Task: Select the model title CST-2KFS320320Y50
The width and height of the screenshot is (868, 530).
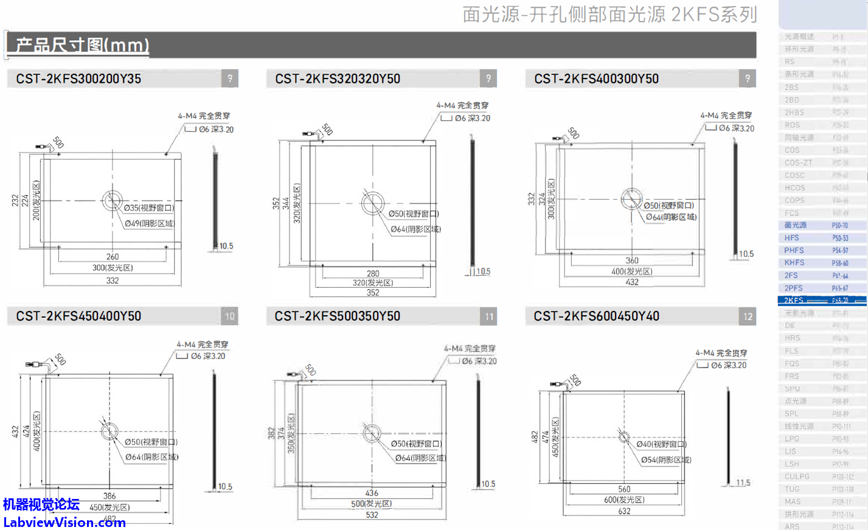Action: (x=338, y=79)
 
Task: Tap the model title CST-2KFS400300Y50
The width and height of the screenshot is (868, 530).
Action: (x=597, y=79)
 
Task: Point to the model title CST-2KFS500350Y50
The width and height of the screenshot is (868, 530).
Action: (x=338, y=316)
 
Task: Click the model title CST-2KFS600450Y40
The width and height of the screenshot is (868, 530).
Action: (x=597, y=316)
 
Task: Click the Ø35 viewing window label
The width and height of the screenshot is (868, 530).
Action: (x=149, y=208)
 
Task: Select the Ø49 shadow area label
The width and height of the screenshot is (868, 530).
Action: (x=149, y=223)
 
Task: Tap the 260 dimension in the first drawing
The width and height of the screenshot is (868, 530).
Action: (x=113, y=257)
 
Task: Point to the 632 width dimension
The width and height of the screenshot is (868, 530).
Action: (x=624, y=511)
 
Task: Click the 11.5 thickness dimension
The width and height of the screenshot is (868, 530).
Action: (x=743, y=483)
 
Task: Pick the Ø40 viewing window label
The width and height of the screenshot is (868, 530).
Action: (x=661, y=444)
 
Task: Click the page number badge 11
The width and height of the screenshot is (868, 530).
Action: (x=490, y=316)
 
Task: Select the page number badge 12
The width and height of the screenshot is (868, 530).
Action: (x=748, y=316)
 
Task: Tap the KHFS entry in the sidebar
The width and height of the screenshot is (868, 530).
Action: (x=794, y=263)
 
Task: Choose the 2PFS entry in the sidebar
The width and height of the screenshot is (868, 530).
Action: (x=793, y=288)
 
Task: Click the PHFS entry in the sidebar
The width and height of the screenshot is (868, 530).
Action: (x=794, y=250)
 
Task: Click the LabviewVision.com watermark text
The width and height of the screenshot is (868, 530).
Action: (x=64, y=522)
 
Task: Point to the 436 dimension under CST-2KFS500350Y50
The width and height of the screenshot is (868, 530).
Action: (x=372, y=493)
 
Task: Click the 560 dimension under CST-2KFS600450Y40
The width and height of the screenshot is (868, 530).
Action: (x=624, y=489)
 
